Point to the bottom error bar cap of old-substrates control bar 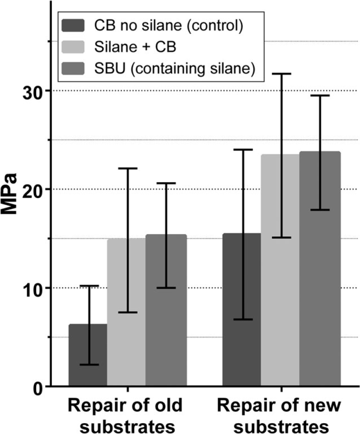click(88, 364)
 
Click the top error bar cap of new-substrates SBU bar click(319, 95)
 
